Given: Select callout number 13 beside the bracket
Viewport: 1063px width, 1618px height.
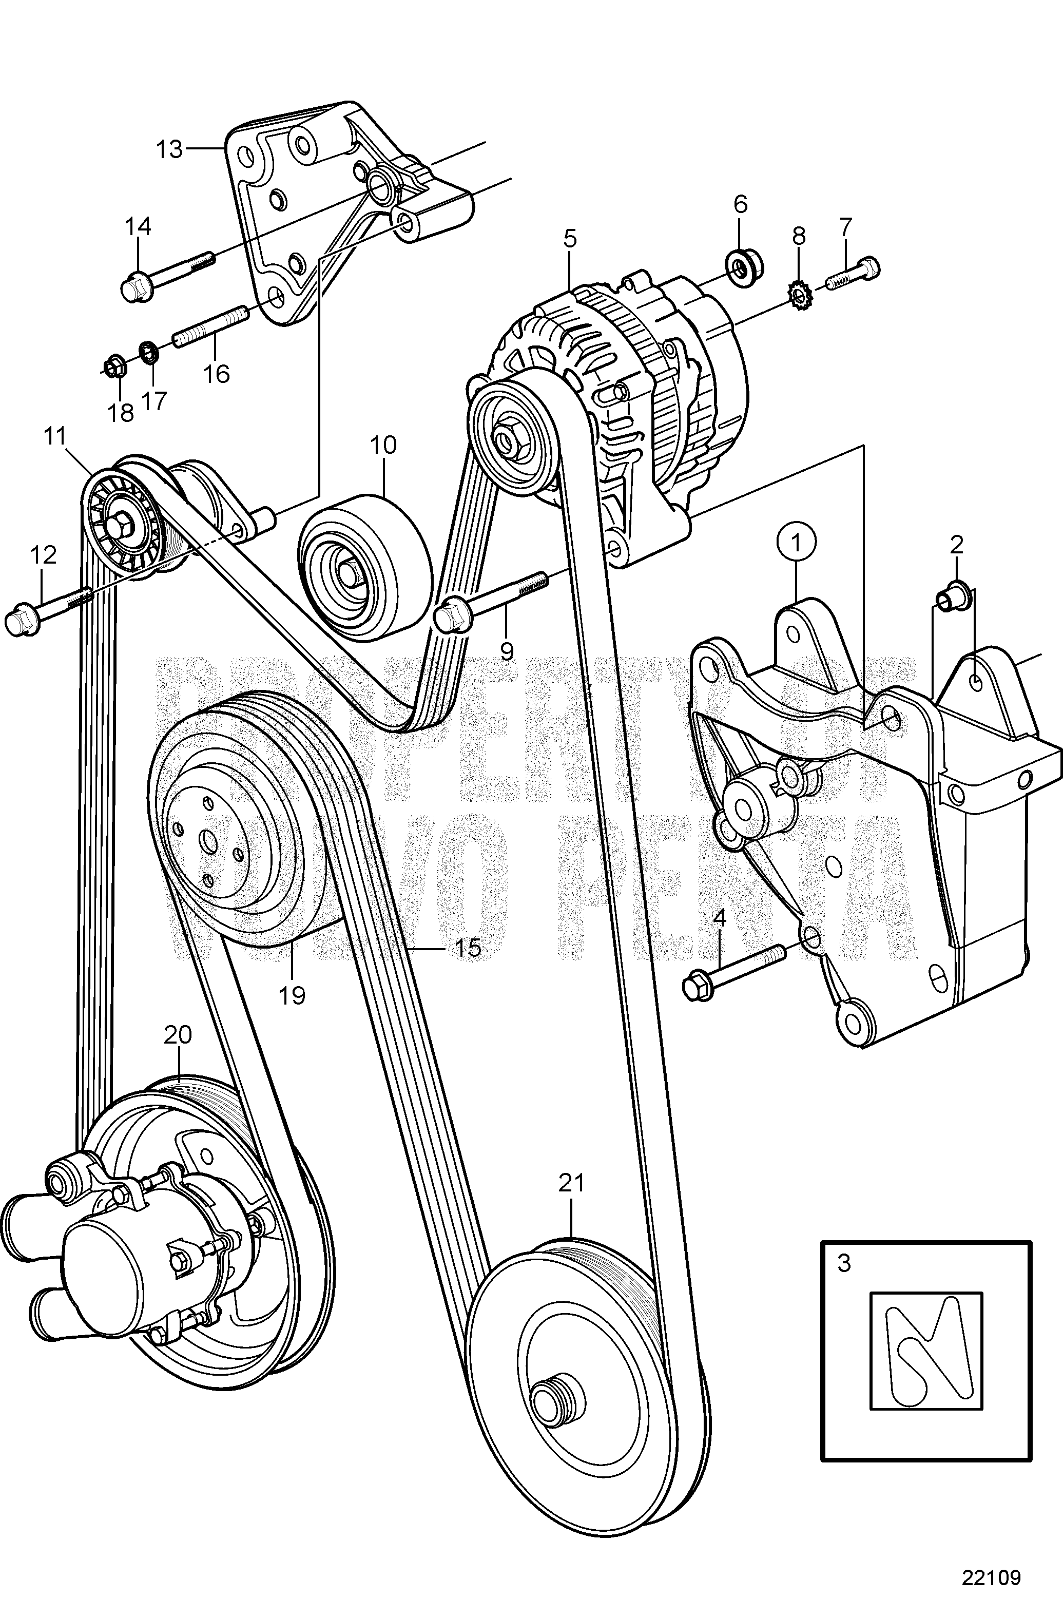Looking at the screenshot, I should [x=170, y=149].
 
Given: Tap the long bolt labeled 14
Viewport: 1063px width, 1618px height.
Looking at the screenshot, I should [x=166, y=275].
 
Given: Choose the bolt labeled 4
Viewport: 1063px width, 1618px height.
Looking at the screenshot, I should [x=735, y=970].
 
